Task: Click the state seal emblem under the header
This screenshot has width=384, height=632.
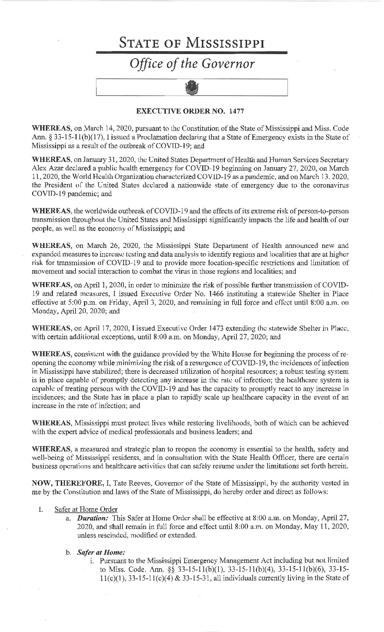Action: pyautogui.click(x=192, y=87)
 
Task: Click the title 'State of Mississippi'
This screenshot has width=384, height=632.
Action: pyautogui.click(x=192, y=43)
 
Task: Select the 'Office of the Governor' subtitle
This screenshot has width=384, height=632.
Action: pyautogui.click(x=192, y=64)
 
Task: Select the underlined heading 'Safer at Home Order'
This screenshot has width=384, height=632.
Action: pyautogui.click(x=86, y=509)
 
